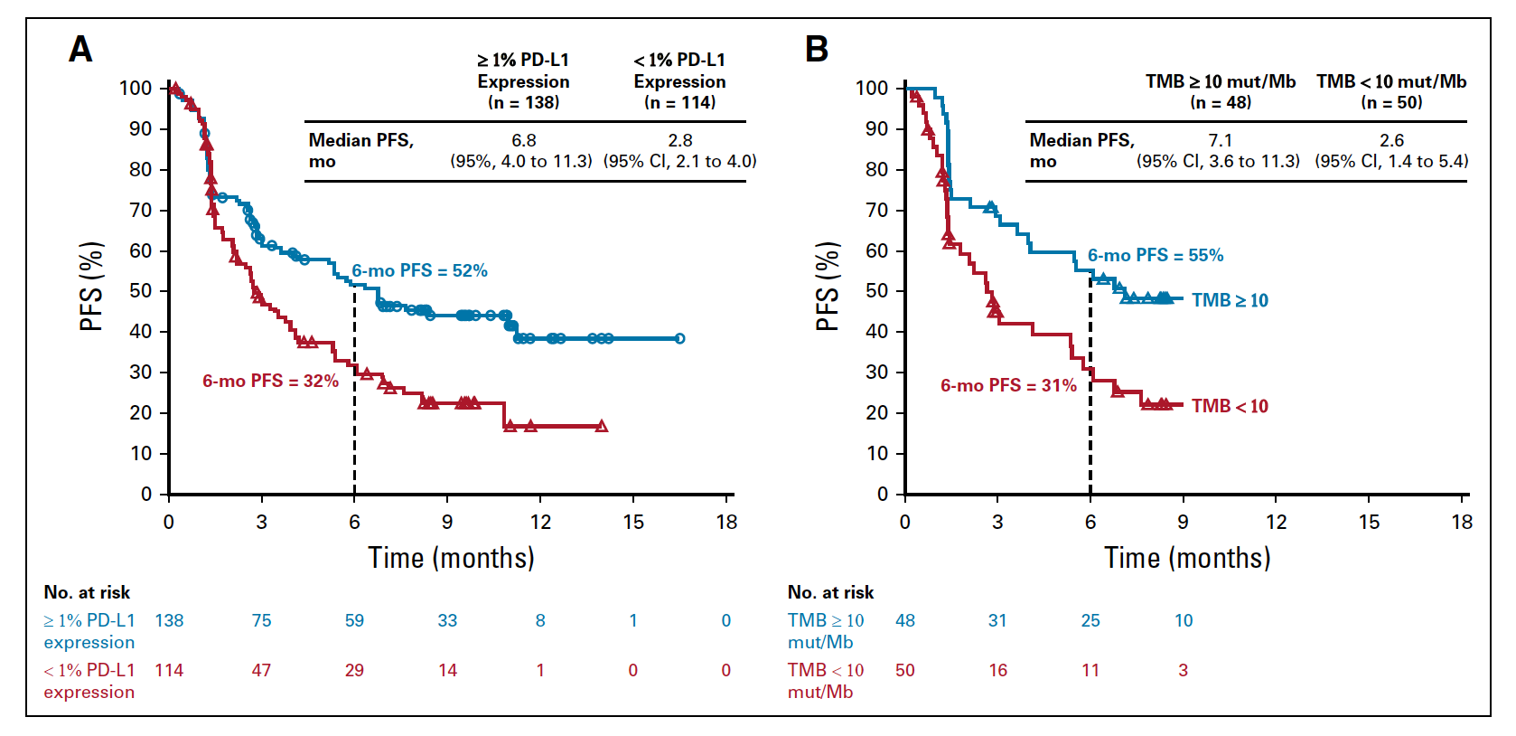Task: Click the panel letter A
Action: click(x=80, y=50)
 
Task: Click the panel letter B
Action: click(x=817, y=50)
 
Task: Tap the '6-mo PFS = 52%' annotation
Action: click(x=419, y=271)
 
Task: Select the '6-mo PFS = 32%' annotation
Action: click(x=271, y=382)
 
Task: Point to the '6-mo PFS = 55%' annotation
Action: click(x=1156, y=255)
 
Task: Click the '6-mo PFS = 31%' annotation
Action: click(x=1008, y=386)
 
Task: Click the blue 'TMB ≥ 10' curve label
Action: click(x=1230, y=300)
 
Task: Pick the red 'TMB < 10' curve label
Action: click(x=1230, y=406)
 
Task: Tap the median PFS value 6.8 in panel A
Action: click(x=524, y=140)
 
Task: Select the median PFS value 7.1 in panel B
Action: click(x=1221, y=140)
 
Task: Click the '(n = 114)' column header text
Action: click(x=679, y=103)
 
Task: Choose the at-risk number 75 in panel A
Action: click(x=261, y=620)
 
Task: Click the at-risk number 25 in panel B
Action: click(x=1090, y=620)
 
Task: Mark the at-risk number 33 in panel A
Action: click(x=447, y=620)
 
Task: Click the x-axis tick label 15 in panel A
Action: click(x=633, y=522)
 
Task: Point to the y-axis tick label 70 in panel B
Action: click(x=877, y=211)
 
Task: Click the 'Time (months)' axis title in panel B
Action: click(x=1187, y=558)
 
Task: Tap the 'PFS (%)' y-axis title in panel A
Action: click(x=92, y=287)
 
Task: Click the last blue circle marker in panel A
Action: click(x=679, y=338)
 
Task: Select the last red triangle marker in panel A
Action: click(x=602, y=426)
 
